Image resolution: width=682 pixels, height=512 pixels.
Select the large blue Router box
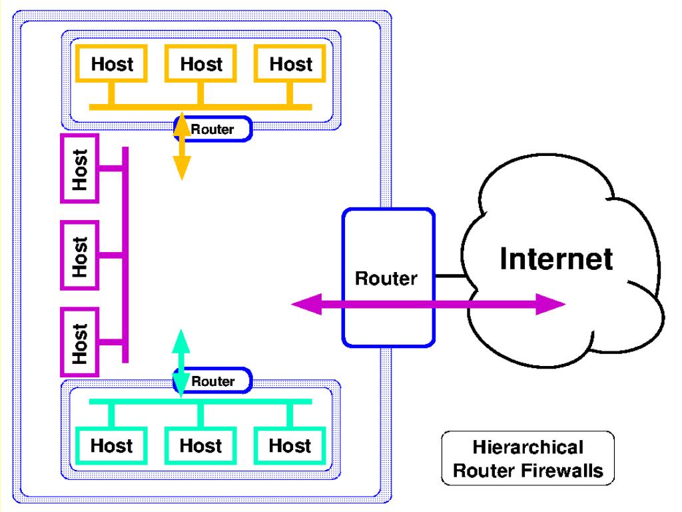tap(388, 277)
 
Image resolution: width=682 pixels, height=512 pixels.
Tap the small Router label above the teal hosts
tap(213, 381)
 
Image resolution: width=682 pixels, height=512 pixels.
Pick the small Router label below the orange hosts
tap(213, 129)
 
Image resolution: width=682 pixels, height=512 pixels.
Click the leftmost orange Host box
tap(112, 65)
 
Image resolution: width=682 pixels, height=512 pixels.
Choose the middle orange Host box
tap(201, 65)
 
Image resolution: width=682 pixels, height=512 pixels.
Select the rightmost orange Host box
tap(291, 65)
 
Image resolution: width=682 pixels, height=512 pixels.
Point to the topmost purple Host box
tap(79, 168)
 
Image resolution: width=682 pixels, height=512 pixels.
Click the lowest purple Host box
tap(79, 341)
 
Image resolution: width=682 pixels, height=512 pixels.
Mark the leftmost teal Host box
tap(112, 445)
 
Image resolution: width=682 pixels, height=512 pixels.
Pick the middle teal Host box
tap(201, 445)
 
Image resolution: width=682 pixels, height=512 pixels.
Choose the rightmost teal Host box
tap(291, 445)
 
